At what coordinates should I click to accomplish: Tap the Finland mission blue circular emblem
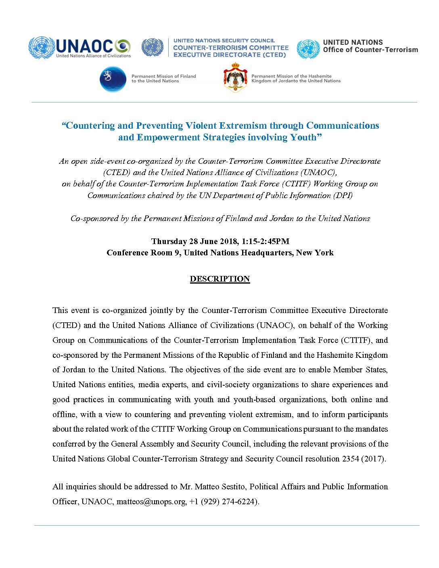113,79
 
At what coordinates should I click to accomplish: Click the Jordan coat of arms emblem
235,77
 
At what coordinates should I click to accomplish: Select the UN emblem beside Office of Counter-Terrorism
308,49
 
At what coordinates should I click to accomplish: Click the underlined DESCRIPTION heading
220,279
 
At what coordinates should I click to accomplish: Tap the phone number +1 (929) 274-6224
223,501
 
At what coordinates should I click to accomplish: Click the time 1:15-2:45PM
265,241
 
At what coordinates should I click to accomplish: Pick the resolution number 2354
350,459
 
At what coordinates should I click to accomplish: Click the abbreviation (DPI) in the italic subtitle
343,195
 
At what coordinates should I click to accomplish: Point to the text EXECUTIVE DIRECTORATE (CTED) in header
230,55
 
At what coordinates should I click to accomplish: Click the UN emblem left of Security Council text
153,48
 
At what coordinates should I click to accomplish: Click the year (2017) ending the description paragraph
373,459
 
